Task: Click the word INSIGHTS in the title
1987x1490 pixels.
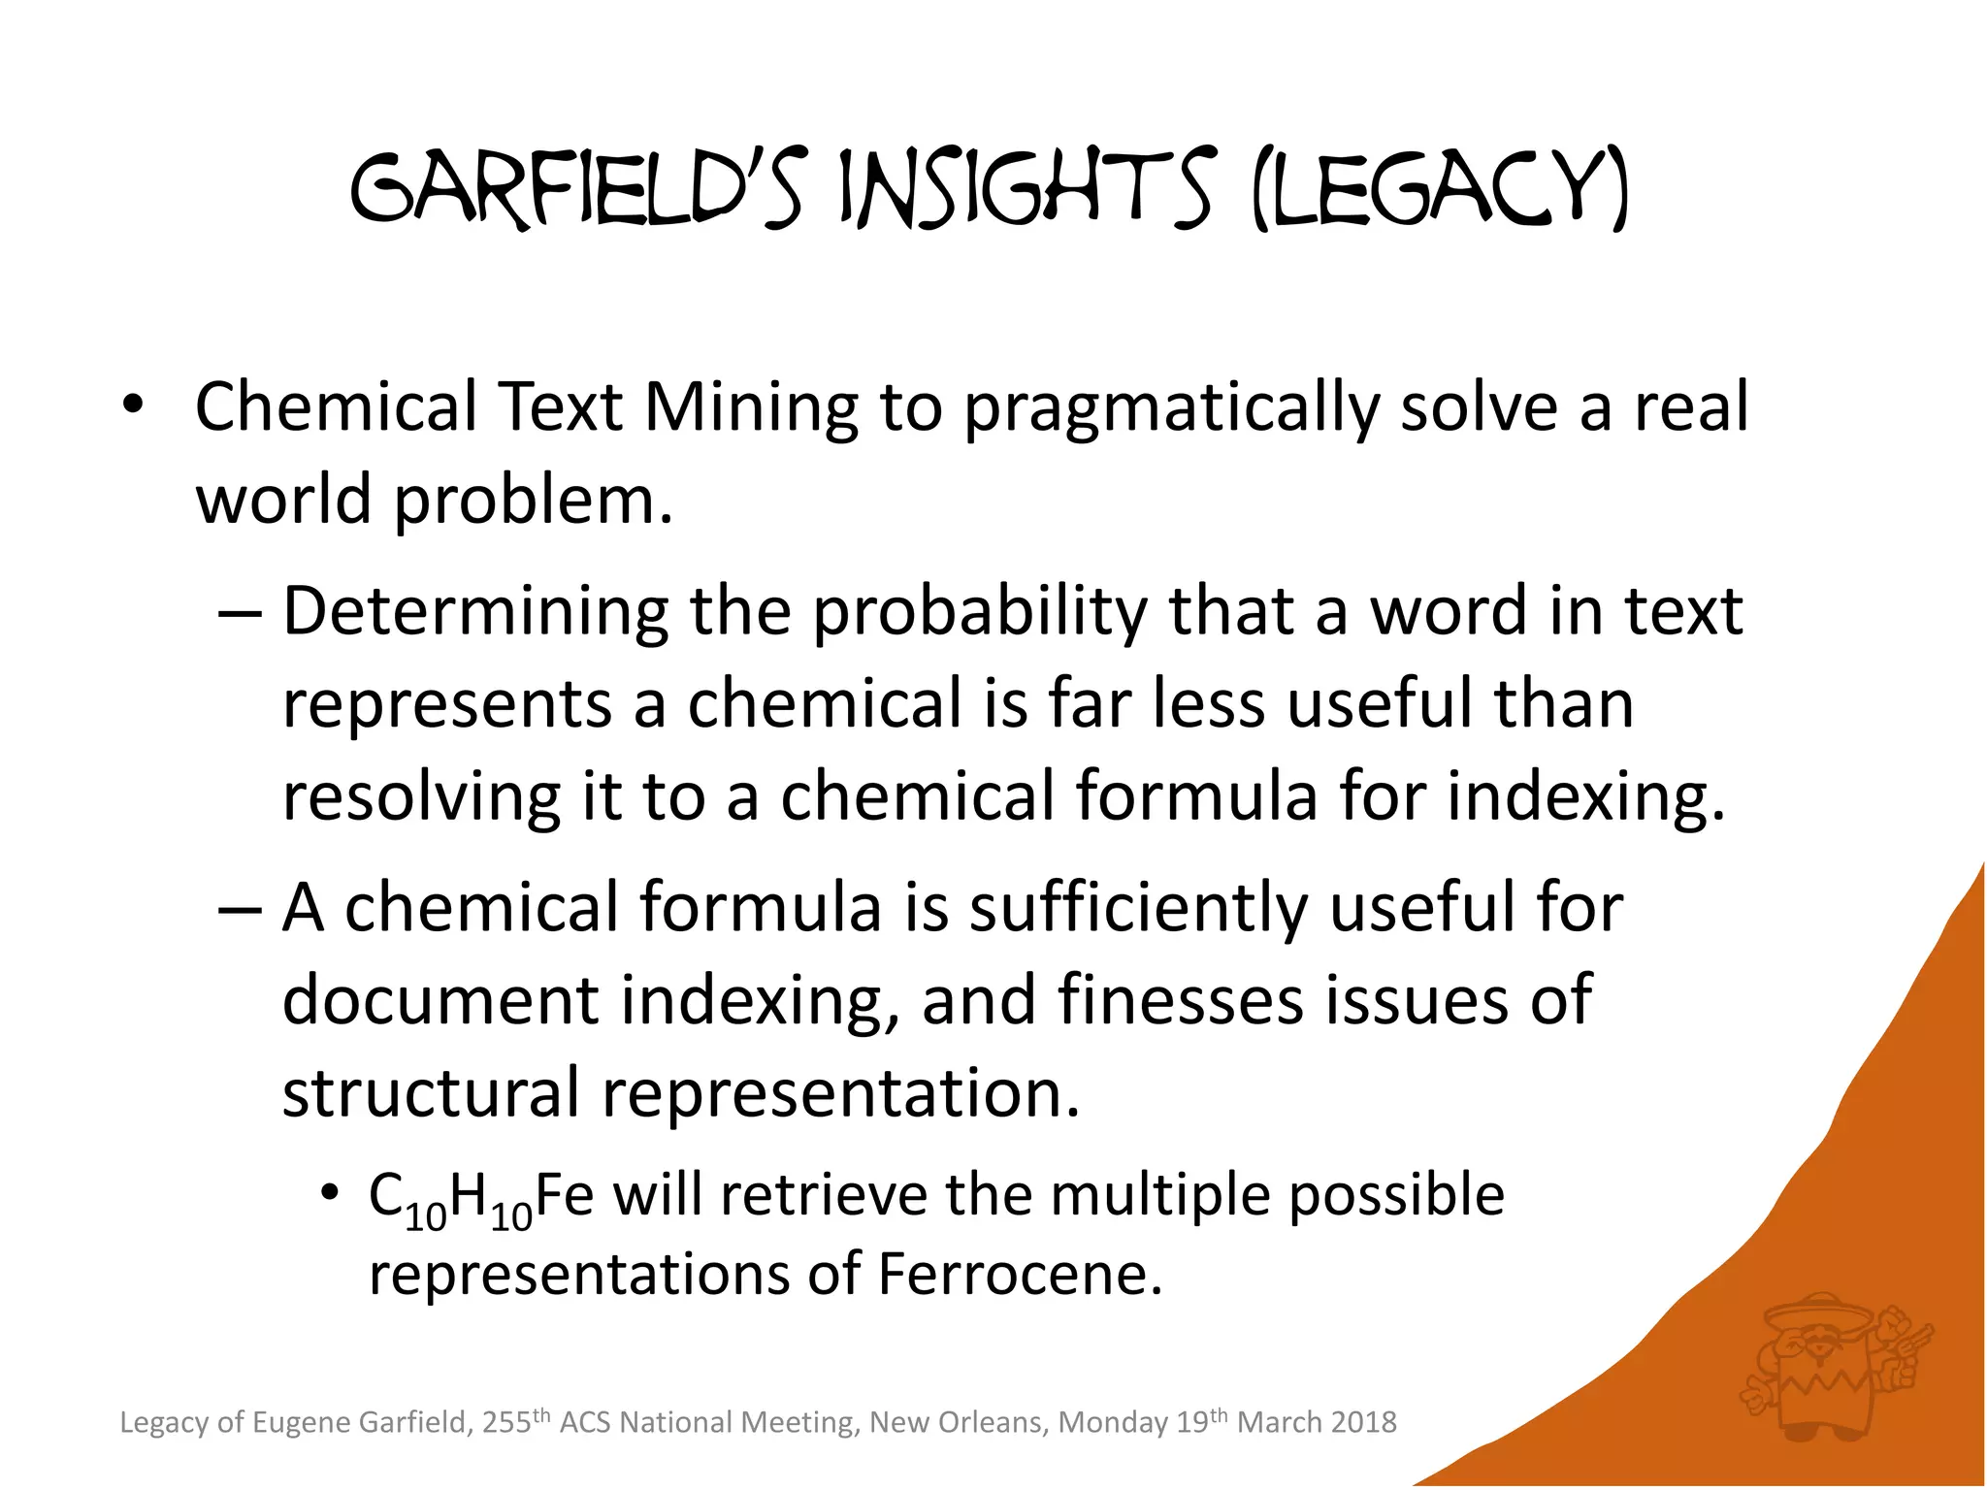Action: click(x=1025, y=191)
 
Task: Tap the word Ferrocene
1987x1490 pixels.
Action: click(x=1019, y=1275)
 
